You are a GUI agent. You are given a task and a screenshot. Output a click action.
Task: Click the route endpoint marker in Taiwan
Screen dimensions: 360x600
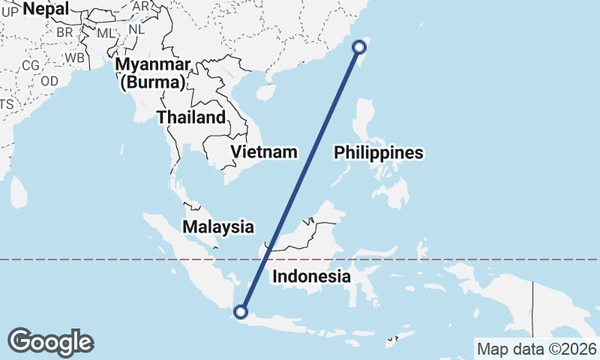(359, 47)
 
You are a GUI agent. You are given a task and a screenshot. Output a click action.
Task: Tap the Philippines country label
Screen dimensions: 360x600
(379, 153)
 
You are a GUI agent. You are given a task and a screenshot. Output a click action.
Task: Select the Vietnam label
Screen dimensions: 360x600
(264, 152)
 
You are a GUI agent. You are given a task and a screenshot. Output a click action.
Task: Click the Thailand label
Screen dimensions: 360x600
(191, 117)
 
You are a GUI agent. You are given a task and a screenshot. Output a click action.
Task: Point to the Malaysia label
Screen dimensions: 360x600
(218, 226)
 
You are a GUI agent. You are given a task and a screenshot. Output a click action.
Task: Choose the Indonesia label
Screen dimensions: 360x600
(311, 276)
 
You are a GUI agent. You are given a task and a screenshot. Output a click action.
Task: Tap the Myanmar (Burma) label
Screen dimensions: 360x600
(153, 73)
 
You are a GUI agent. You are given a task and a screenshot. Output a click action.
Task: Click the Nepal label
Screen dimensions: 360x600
(46, 9)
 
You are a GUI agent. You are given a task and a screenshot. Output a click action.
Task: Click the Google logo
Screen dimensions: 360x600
(51, 342)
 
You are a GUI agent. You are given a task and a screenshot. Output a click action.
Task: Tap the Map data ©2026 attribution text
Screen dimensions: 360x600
(537, 349)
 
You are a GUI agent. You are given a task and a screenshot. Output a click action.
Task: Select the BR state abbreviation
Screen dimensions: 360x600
(64, 33)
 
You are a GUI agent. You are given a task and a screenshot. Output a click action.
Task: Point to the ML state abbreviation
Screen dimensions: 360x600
(106, 34)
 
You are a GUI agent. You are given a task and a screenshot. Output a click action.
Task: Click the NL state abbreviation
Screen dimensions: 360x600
(136, 29)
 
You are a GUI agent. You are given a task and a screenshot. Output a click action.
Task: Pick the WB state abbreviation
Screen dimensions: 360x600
(73, 57)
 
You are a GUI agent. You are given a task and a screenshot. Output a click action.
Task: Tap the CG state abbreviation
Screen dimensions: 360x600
(31, 65)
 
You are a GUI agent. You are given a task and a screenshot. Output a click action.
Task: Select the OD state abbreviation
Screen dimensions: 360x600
(49, 81)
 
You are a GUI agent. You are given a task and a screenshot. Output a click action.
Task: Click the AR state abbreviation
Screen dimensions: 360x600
(141, 6)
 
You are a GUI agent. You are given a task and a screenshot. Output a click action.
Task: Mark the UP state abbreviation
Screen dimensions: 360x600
(10, 11)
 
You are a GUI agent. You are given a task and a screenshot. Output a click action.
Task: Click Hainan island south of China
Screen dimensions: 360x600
(264, 91)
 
